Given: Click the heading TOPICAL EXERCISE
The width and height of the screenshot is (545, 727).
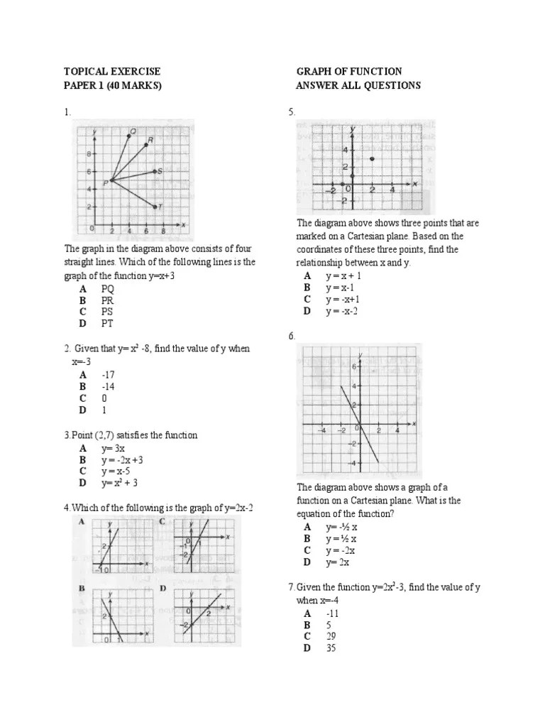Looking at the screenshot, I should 112,72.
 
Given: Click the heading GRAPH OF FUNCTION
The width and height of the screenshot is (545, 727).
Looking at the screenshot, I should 348,72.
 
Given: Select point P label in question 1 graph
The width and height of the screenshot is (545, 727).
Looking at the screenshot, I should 104,182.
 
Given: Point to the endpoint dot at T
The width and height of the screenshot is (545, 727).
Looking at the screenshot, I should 155,207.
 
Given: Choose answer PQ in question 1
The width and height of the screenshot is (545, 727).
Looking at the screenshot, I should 107,289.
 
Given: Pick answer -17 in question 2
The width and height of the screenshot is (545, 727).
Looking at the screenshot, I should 108,374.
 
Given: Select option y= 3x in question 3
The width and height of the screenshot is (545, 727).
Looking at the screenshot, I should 112,448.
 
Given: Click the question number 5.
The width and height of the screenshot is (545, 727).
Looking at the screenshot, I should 292,112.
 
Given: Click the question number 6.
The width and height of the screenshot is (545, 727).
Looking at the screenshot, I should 292,336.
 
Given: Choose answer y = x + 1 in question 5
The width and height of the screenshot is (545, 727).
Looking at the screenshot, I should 344,276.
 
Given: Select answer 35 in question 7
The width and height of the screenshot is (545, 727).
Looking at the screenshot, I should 331,648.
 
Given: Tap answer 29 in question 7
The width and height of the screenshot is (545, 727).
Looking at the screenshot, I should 331,636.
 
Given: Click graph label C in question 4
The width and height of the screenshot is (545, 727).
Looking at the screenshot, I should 163,522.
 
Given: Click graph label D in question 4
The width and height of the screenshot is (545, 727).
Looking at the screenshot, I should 163,589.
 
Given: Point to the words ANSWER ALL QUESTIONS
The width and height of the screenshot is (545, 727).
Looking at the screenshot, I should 358,85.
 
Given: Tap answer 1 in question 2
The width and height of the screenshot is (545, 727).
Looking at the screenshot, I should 104,410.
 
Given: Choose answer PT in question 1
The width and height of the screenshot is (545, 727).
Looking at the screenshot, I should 107,323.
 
